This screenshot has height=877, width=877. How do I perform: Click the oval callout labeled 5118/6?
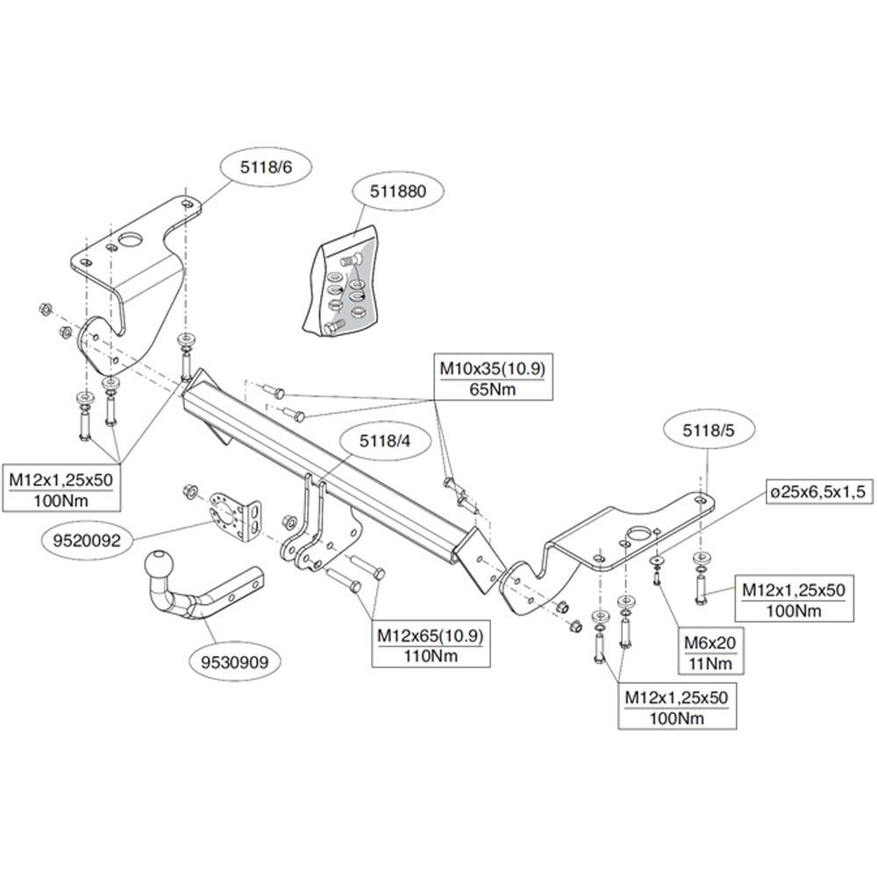point(267,167)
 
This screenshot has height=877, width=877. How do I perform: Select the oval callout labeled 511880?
point(397,191)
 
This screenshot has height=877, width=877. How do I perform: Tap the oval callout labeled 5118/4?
point(384,441)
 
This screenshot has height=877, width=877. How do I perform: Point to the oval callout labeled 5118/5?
point(708,430)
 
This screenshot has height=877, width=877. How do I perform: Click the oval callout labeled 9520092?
point(87,540)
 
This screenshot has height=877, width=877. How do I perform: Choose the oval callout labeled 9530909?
point(234,662)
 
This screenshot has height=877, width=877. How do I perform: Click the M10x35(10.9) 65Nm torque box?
point(492,377)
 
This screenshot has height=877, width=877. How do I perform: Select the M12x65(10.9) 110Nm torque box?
point(430,644)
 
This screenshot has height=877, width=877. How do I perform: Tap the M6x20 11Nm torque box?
point(709,652)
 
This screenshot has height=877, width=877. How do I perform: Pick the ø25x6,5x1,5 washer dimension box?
point(817,492)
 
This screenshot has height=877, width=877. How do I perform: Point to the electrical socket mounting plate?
point(235,517)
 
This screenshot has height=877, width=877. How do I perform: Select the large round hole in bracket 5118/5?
point(638,535)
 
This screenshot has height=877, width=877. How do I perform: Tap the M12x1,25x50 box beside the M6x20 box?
point(794,598)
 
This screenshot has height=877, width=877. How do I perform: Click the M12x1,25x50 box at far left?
point(61,488)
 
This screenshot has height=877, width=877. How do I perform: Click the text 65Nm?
point(492,389)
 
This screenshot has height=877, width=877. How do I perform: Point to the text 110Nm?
point(431,655)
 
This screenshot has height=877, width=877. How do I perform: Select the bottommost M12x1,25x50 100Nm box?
point(677,706)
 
